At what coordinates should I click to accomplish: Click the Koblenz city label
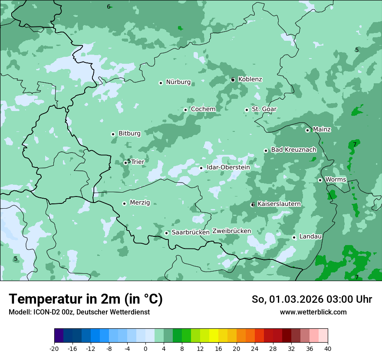(250, 79)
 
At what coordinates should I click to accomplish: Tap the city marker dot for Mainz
(307, 130)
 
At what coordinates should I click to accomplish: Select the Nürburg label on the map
(178, 82)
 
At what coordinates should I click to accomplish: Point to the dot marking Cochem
(185, 110)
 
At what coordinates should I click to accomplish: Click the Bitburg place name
(129, 134)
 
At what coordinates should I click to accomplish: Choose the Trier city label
(138, 162)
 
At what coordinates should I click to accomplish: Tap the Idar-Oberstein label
(228, 167)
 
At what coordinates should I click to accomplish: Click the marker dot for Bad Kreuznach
(266, 151)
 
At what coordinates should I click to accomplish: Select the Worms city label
(336, 180)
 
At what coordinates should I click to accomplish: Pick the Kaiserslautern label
(279, 204)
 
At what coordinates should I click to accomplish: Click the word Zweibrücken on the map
(231, 231)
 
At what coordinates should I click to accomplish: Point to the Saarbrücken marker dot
(166, 233)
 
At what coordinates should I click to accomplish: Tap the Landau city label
(310, 236)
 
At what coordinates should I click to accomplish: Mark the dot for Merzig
(124, 203)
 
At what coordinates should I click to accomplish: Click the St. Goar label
(264, 109)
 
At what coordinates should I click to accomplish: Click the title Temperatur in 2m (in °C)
(86, 299)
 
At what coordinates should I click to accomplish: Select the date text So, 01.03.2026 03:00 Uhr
(312, 299)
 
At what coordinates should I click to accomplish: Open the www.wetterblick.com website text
(313, 312)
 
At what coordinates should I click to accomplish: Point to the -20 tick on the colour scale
(54, 349)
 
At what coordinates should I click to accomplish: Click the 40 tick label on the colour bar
(327, 349)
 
